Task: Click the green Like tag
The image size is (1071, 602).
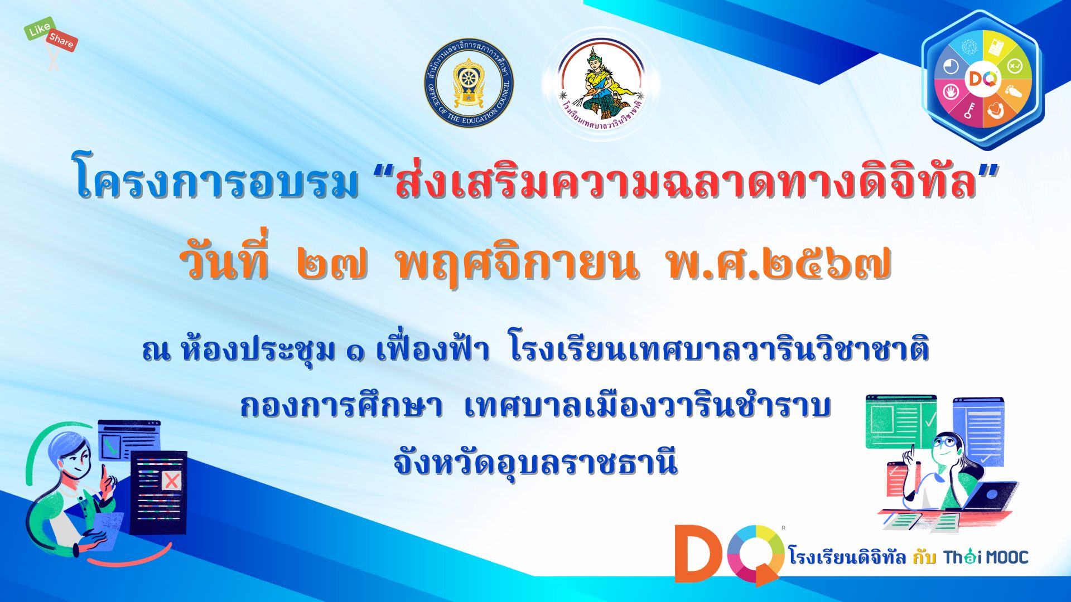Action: (39, 30)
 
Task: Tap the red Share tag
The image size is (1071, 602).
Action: (61, 41)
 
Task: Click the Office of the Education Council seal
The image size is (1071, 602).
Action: (469, 83)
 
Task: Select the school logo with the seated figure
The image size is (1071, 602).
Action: (601, 84)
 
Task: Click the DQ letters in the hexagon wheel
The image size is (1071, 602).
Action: (982, 79)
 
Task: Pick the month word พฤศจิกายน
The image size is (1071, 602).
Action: (516, 263)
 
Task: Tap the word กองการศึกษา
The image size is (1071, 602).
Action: (341, 405)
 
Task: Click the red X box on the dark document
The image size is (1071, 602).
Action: (172, 480)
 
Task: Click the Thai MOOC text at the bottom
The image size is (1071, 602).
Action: (986, 557)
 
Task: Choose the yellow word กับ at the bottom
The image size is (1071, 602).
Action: (924, 556)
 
